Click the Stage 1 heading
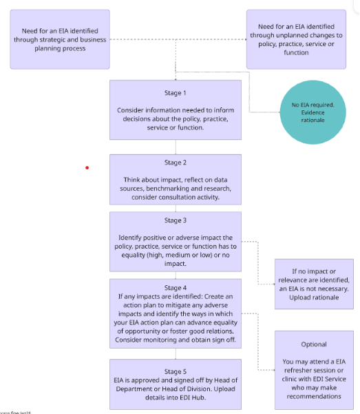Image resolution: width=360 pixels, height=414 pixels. point(176,93)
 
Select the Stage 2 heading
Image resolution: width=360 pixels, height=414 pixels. point(176,163)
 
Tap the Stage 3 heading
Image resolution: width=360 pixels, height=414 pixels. point(176,220)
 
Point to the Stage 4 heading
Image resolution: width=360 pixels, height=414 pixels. point(176,287)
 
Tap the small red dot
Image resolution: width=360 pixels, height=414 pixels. point(87,167)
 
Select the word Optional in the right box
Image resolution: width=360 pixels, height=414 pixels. point(314,344)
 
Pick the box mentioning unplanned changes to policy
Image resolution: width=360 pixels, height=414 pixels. point(296,39)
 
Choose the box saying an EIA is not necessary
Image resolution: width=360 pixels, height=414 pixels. point(314,284)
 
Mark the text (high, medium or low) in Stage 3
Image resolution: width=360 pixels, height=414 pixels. point(174,254)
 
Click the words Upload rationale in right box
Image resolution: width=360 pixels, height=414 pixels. point(314,298)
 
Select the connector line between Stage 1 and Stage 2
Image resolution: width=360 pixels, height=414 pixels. point(176,147)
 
